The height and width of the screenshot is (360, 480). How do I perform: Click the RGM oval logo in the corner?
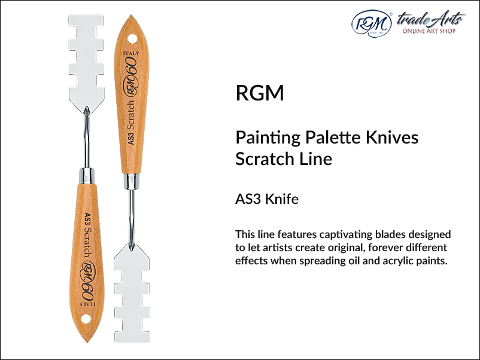[x=372, y=24]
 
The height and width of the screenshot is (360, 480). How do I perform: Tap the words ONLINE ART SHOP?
[x=429, y=31]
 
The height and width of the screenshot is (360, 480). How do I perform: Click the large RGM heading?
[x=260, y=93]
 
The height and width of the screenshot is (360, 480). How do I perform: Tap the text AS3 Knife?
[x=267, y=199]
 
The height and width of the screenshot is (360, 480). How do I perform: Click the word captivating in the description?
[x=345, y=234]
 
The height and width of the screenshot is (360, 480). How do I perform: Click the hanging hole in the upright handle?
[x=132, y=39]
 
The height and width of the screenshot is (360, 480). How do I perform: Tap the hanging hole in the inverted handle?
[x=86, y=318]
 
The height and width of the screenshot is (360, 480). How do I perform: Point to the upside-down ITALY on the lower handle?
[x=87, y=304]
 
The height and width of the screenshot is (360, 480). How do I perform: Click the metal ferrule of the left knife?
[x=87, y=176]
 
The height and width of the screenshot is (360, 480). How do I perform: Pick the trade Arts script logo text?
[x=431, y=19]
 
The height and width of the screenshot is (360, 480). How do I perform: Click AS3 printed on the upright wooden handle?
[x=131, y=138]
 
